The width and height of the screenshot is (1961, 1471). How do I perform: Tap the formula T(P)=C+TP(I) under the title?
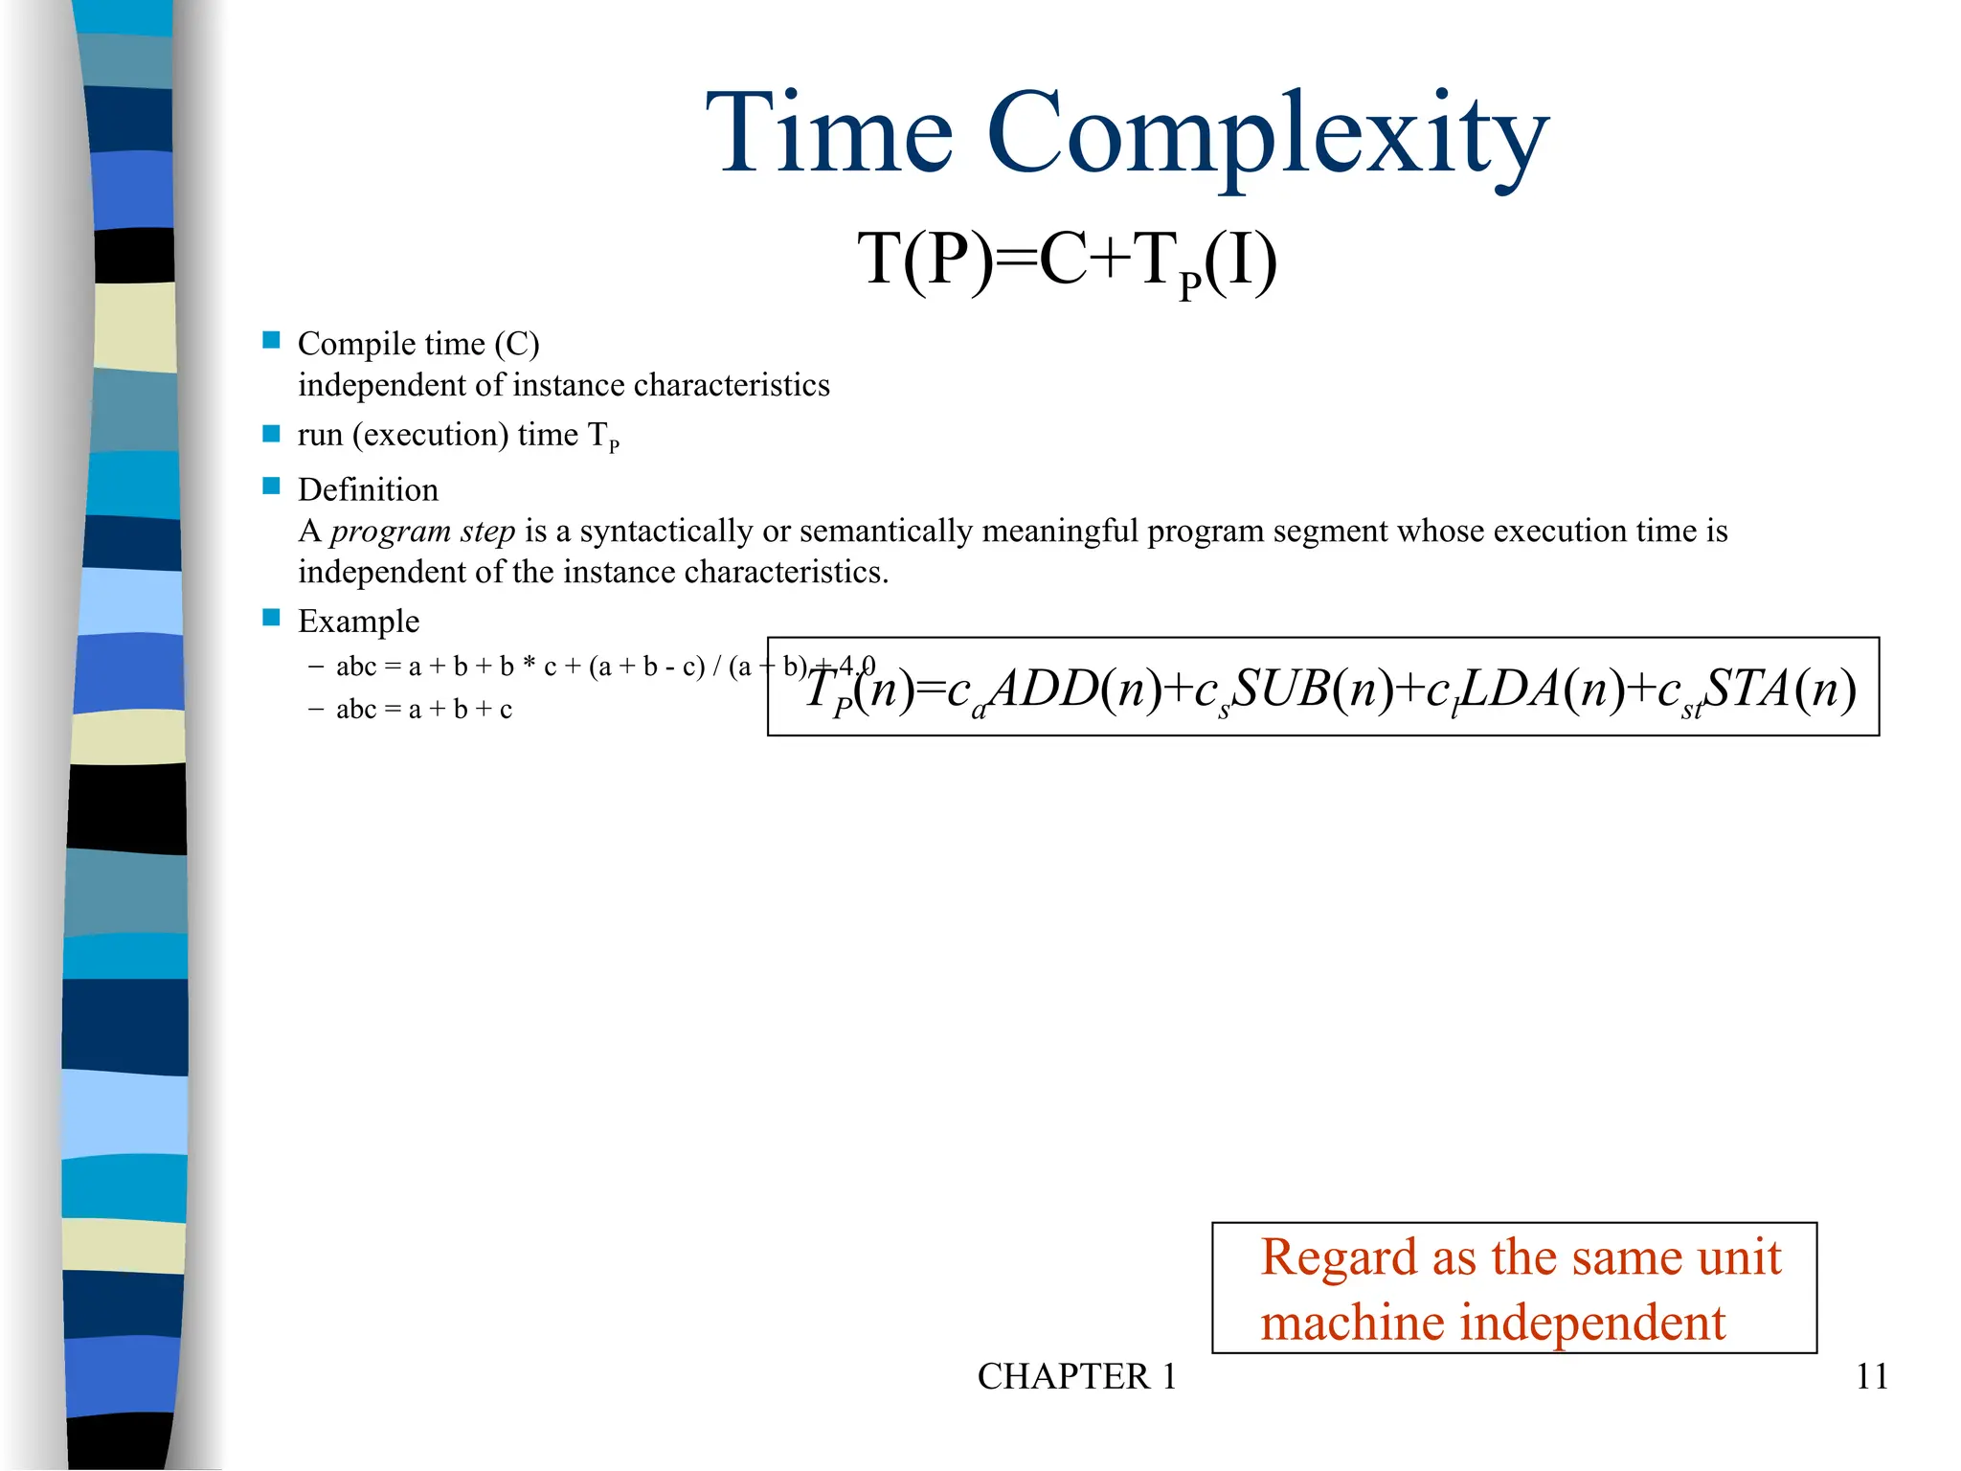[1067, 260]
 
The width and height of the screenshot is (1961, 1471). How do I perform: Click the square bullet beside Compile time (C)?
[272, 340]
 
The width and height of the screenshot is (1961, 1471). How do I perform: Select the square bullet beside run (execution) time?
[272, 434]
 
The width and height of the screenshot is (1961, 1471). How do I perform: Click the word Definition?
[368, 489]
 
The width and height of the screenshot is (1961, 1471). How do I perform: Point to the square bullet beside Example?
[272, 618]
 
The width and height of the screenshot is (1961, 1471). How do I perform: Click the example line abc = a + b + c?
[424, 710]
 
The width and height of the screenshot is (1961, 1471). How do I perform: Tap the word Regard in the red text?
[1339, 1257]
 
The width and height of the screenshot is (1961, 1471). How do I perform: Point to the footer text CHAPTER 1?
[1076, 1376]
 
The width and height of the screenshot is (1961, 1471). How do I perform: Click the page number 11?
[1871, 1376]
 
